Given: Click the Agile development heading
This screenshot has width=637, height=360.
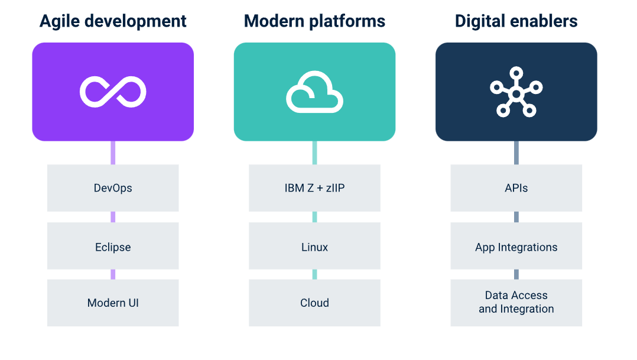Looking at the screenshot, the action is [x=113, y=21].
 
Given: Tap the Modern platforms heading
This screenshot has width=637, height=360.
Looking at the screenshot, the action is [x=314, y=21].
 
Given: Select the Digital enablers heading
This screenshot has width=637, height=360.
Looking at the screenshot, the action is [x=516, y=21].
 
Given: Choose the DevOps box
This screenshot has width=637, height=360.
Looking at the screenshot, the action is [x=113, y=188].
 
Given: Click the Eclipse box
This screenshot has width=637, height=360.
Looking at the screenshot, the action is [x=113, y=246].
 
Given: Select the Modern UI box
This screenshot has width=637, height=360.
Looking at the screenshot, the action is [x=113, y=303].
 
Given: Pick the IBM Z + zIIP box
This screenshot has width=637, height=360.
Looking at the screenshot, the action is [x=314, y=188].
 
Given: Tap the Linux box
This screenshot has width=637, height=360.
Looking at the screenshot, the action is [x=314, y=246].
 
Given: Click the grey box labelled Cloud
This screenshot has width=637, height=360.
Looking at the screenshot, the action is [x=314, y=303].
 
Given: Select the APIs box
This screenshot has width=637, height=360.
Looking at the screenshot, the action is [x=516, y=188].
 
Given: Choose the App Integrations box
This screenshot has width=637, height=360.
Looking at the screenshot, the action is [x=516, y=246].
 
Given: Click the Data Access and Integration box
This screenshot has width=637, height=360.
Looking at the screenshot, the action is [x=516, y=303].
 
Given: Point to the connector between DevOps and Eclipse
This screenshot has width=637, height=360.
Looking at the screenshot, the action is [x=113, y=217].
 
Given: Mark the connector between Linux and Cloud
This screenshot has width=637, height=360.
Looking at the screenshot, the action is [x=314, y=274].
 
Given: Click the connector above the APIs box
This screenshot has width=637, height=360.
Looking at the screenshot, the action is [x=516, y=153].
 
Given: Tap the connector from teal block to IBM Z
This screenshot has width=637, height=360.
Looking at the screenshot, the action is [x=314, y=153].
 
